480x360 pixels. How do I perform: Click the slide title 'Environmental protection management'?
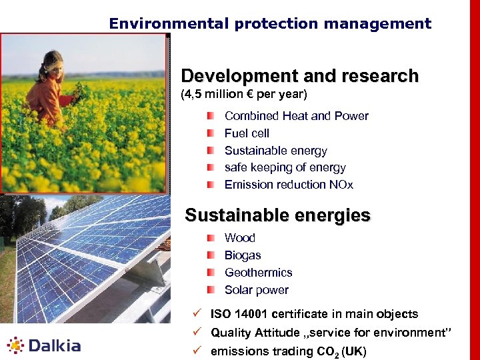(x=270, y=24)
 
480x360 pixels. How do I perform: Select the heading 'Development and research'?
(x=299, y=76)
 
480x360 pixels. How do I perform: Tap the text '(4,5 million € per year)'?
(x=244, y=95)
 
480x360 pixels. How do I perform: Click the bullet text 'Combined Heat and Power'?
(x=296, y=116)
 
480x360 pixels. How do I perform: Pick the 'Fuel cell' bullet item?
(x=247, y=133)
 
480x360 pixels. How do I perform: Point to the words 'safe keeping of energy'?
(x=285, y=167)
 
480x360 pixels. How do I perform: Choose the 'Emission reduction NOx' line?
(x=289, y=185)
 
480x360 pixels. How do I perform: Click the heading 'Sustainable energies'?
(x=277, y=215)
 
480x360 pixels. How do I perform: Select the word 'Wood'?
(x=239, y=238)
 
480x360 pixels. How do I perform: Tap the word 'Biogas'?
(x=243, y=255)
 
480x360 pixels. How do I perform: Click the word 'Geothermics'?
(x=258, y=273)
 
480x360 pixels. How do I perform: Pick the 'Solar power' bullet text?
(x=256, y=290)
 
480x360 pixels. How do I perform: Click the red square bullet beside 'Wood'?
(x=211, y=238)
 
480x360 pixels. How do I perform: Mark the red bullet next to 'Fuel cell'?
(x=211, y=133)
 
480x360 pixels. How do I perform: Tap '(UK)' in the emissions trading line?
(x=353, y=351)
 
